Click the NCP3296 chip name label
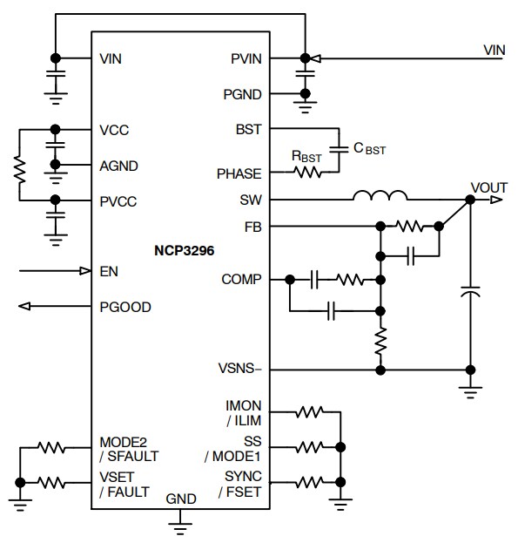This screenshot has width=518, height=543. [x=184, y=249]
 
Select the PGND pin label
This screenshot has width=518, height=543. [x=241, y=93]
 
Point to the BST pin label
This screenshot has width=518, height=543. [x=248, y=129]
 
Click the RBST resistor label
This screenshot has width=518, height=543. [x=306, y=157]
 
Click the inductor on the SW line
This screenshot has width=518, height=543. [x=380, y=196]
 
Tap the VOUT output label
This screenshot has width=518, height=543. [x=488, y=187]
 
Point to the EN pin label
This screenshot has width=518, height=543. [x=109, y=271]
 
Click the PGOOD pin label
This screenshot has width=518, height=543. [x=125, y=307]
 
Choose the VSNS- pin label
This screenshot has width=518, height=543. [x=240, y=370]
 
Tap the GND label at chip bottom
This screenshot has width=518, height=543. [x=181, y=499]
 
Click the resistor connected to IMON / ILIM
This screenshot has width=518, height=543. [x=310, y=411]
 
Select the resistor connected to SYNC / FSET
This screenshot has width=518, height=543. [x=310, y=481]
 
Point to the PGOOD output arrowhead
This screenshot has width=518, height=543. [x=24, y=307]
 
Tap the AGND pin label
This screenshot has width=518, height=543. [x=118, y=165]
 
